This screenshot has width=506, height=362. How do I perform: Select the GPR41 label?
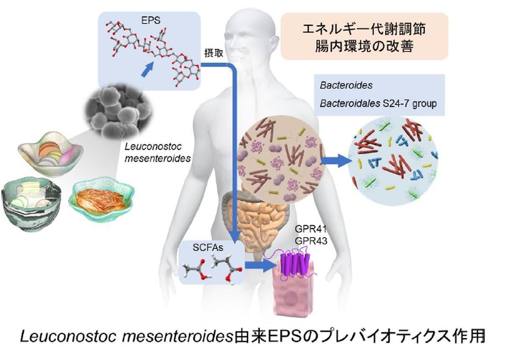click(311, 229)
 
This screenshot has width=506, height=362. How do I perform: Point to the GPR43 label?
click(311, 240)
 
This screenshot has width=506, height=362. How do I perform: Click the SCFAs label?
click(206, 248)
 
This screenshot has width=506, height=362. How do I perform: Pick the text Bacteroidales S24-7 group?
click(378, 104)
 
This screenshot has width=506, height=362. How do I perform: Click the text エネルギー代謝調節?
click(364, 30)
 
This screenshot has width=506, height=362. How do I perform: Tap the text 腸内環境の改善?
click(364, 47)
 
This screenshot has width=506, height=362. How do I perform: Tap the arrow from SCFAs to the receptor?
click(259, 265)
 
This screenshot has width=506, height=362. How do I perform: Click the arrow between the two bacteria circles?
click(335, 160)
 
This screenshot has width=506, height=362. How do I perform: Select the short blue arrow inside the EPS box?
click(146, 70)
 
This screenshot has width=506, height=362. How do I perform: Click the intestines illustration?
click(253, 221)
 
